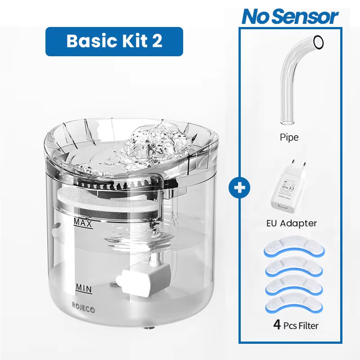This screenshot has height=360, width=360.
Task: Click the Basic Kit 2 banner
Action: (x=114, y=41)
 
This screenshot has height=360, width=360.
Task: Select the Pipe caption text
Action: (x=289, y=137)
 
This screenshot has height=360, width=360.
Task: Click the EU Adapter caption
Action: (x=292, y=223)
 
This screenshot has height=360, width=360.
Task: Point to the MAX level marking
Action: (x=83, y=223)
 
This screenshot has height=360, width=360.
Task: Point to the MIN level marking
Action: (x=84, y=287)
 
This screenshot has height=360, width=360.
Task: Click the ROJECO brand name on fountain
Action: (x=84, y=305)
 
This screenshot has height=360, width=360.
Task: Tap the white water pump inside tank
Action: (x=143, y=277)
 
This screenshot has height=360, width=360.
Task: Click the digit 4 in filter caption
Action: (x=277, y=324)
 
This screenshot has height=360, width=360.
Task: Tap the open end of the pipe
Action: (x=318, y=42)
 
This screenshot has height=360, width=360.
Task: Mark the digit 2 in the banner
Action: (x=157, y=41)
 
